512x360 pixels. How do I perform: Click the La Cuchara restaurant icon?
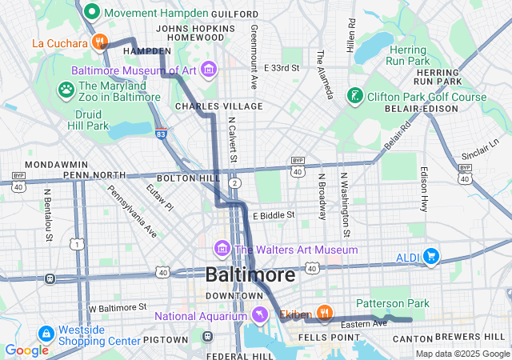99,42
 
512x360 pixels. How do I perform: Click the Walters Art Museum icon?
221,250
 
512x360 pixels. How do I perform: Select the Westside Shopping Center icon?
45,332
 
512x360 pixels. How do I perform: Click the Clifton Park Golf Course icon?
354,97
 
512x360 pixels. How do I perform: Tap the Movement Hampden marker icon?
91,13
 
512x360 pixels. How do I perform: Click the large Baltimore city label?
250,274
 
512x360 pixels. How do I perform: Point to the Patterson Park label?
392,303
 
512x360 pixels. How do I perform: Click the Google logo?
26,350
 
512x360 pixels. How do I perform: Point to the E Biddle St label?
274,215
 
